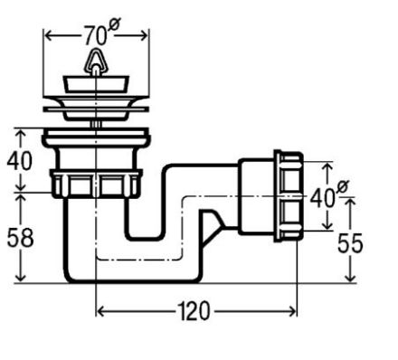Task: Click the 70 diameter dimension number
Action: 95,36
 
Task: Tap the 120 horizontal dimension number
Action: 194,311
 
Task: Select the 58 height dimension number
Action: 20,238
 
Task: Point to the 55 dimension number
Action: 350,243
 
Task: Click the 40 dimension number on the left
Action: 19,161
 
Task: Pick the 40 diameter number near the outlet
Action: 322,198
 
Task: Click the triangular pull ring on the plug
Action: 96,60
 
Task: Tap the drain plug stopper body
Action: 96,84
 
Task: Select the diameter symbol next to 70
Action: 115,24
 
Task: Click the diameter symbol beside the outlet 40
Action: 342,187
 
